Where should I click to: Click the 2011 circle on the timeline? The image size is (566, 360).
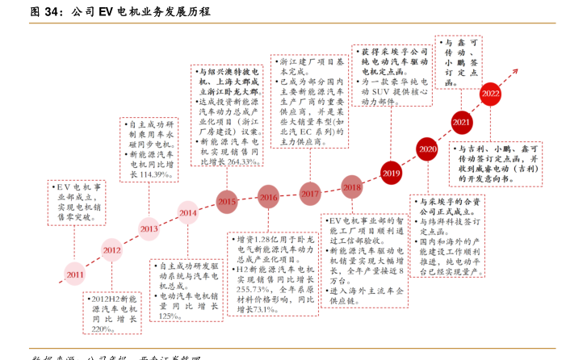click(74, 274)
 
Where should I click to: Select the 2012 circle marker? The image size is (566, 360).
click(111, 250)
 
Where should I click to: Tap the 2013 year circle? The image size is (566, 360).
click(149, 228)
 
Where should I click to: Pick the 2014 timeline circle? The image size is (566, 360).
click(188, 213)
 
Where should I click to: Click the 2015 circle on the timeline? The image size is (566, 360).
click(227, 201)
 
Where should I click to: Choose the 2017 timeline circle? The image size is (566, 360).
click(310, 194)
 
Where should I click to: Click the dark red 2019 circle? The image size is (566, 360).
click(391, 173)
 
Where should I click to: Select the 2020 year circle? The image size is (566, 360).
click(428, 149)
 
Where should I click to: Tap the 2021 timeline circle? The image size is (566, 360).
click(462, 123)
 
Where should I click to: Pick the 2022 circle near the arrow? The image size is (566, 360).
click(490, 93)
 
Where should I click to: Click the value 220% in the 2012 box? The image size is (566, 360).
click(102, 329)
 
